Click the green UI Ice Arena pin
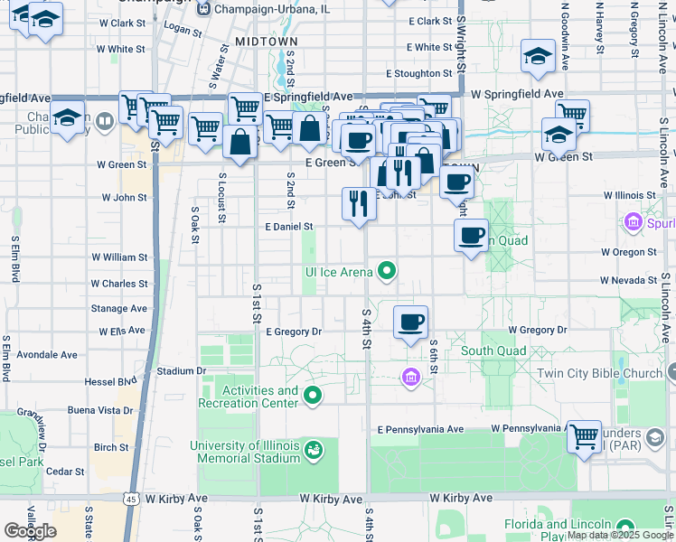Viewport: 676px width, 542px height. click(x=388, y=270)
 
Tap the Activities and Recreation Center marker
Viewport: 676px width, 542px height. click(x=314, y=395)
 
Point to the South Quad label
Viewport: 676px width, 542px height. click(x=493, y=350)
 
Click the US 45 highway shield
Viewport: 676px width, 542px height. click(x=131, y=498)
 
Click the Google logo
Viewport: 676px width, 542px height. click(x=30, y=530)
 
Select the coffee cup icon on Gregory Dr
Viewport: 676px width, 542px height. click(x=411, y=322)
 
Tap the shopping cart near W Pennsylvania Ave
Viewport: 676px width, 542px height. click(x=585, y=437)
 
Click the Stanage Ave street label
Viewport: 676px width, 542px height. click(x=118, y=308)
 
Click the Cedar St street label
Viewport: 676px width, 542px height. click(x=65, y=472)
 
